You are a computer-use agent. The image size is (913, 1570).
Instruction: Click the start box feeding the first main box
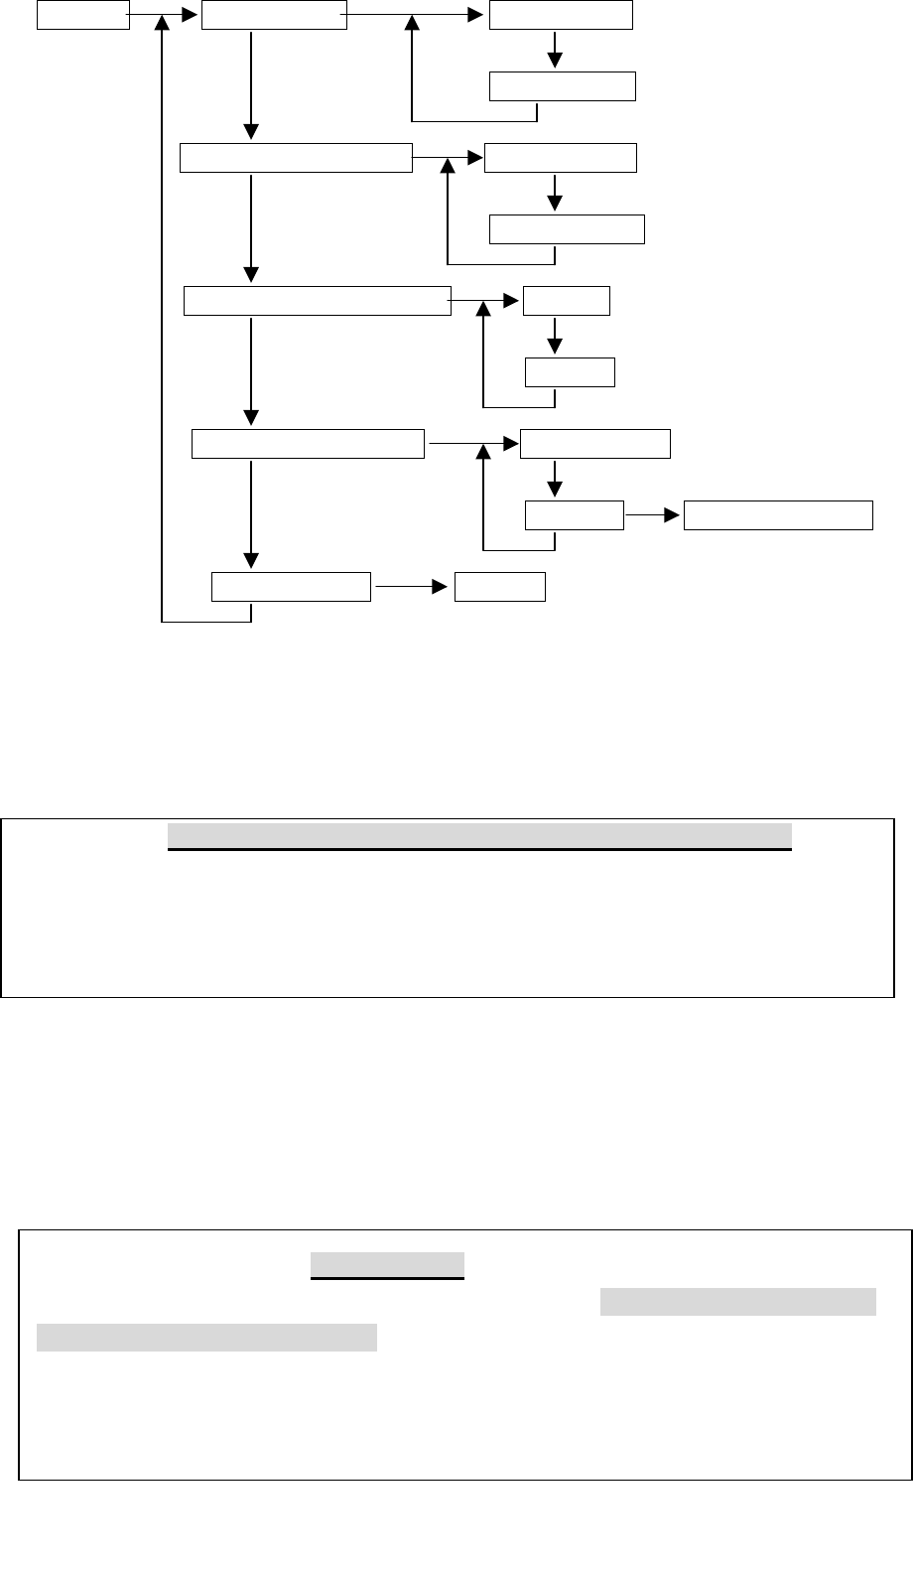pyautogui.click(x=83, y=15)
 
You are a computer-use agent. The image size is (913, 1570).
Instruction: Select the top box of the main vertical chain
pyautogui.click(x=274, y=15)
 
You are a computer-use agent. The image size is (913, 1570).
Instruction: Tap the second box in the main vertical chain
pyautogui.click(x=296, y=158)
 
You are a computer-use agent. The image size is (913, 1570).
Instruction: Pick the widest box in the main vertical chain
pyautogui.click(x=318, y=301)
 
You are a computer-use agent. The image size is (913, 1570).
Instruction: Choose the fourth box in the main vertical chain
pyautogui.click(x=308, y=444)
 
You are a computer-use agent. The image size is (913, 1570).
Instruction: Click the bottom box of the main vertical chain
pyautogui.click(x=292, y=587)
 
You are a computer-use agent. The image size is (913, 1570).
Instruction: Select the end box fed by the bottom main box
pyautogui.click(x=500, y=587)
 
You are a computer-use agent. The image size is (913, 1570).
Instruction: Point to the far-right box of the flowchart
pyautogui.click(x=779, y=516)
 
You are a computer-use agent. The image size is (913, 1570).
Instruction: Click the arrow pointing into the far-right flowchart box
pyautogui.click(x=654, y=516)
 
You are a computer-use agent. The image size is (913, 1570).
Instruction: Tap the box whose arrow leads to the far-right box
pyautogui.click(x=575, y=516)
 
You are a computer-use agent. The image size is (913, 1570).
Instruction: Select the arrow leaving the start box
pyautogui.click(x=165, y=15)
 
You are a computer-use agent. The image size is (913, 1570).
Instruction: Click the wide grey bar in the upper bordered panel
pyautogui.click(x=479, y=835)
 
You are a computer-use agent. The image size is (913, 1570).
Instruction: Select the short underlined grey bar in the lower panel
pyautogui.click(x=387, y=1264)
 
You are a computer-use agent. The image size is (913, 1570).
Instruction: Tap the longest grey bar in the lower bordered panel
pyautogui.click(x=206, y=1337)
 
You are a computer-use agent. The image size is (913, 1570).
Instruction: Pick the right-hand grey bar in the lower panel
pyautogui.click(x=738, y=1301)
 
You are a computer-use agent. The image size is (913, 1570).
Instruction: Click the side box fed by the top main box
pyautogui.click(x=561, y=15)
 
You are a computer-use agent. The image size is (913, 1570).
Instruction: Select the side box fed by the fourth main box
pyautogui.click(x=595, y=444)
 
